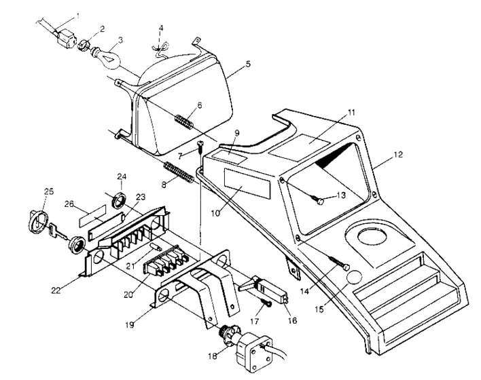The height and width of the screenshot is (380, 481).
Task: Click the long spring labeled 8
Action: (x=180, y=172)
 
